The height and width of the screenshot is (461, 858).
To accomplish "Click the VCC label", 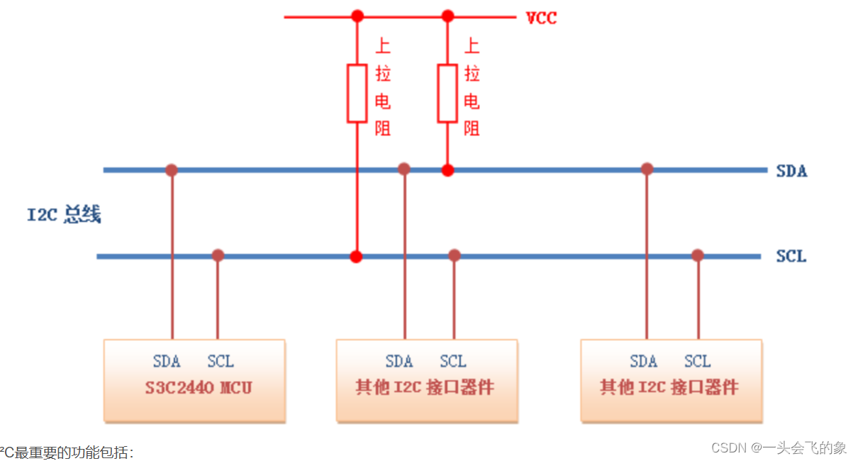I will tap(541, 18).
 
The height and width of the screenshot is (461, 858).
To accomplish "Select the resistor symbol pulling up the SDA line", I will tap(447, 93).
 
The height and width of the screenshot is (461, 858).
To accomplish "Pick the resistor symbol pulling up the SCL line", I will tap(357, 93).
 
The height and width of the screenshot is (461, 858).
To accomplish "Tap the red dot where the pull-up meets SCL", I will tap(357, 256).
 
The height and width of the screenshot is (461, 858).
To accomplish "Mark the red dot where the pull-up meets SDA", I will tap(447, 170).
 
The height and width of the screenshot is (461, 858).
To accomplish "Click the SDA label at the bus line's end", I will tap(791, 171).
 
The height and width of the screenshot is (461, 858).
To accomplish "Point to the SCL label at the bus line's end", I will tap(791, 256).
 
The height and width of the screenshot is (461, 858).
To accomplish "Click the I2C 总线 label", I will tap(64, 215).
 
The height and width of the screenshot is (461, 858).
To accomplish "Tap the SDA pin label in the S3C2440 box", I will tap(167, 362).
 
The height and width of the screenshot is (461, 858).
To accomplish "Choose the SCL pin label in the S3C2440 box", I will tap(221, 362).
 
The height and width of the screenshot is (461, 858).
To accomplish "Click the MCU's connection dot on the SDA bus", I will tap(172, 170).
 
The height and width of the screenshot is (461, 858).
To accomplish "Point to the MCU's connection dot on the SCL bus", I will tap(218, 255).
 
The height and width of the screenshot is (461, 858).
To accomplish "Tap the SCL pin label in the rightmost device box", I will tap(697, 362).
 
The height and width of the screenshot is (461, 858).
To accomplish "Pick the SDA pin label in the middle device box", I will tap(399, 362).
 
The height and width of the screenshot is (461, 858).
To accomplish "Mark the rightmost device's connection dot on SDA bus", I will tap(647, 169).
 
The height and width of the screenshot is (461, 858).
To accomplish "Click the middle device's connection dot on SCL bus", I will tap(455, 255).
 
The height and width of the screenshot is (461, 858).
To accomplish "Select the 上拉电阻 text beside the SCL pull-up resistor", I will tap(383, 87).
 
